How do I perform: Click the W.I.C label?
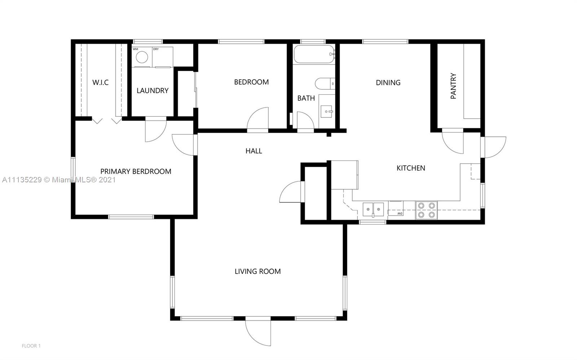[x=101, y=83]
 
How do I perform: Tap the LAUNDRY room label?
[x=153, y=90]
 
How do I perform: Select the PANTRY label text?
[x=453, y=86]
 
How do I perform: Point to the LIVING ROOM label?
[x=257, y=271]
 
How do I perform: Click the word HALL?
[x=254, y=151]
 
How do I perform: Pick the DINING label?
[x=388, y=83]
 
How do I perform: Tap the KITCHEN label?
[x=411, y=168]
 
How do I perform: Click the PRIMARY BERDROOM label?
[x=136, y=172]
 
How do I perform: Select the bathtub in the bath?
[x=314, y=54]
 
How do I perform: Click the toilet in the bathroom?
[x=325, y=83]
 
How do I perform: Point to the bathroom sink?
[x=327, y=111]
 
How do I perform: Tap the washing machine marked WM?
[x=142, y=57]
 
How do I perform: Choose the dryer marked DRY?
[x=163, y=57]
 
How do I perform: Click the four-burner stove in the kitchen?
[x=426, y=210]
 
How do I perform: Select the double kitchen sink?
[x=373, y=209]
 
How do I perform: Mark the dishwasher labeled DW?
[x=396, y=208]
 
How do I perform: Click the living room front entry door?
[x=258, y=333]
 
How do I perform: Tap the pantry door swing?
[x=453, y=143]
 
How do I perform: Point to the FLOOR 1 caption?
[x=31, y=346]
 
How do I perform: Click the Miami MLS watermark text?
[x=59, y=179]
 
